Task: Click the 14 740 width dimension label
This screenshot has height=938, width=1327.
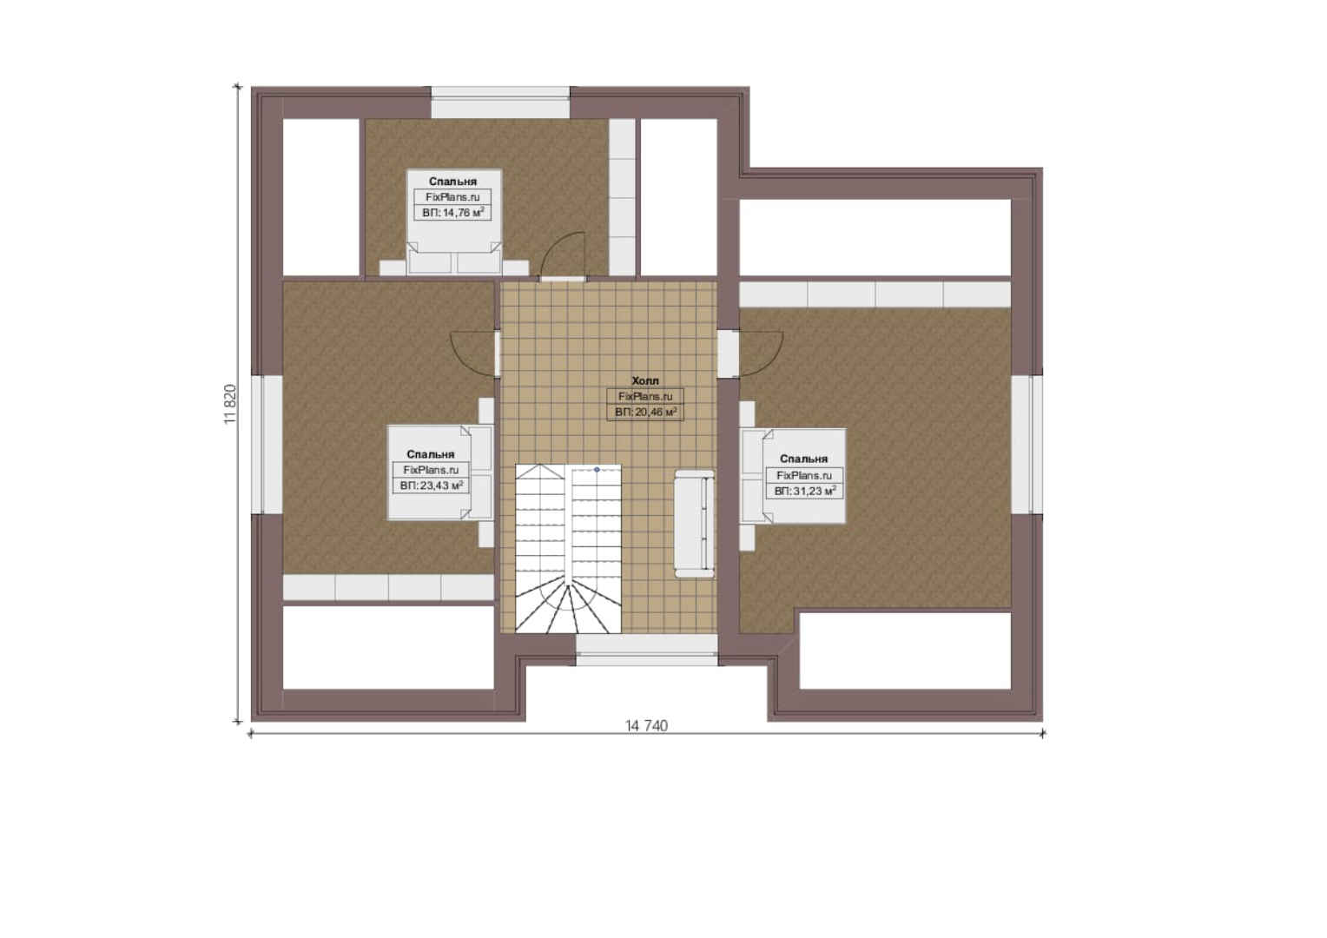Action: pos(646,726)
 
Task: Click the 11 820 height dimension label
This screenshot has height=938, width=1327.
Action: pos(230,404)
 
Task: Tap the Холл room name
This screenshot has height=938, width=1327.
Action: pos(645,381)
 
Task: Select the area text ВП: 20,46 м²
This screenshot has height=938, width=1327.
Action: pos(646,412)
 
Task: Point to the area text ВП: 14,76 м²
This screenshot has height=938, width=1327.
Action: pos(453,212)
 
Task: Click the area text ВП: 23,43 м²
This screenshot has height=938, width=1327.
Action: pos(432,486)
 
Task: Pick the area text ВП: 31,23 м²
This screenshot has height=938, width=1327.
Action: pos(804,491)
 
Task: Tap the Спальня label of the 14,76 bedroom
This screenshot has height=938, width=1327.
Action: pos(452,182)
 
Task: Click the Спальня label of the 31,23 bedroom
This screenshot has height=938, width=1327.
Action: pos(803,459)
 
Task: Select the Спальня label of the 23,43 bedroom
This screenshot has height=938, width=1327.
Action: pos(431,454)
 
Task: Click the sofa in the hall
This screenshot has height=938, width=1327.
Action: pos(694,524)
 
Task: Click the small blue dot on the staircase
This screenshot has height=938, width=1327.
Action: pos(597,469)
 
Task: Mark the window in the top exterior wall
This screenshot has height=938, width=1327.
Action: pos(500,102)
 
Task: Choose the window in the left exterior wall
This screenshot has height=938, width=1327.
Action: pos(267,445)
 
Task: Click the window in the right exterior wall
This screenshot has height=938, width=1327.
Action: pos(1027,445)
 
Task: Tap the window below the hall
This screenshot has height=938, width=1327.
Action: pos(647,650)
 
